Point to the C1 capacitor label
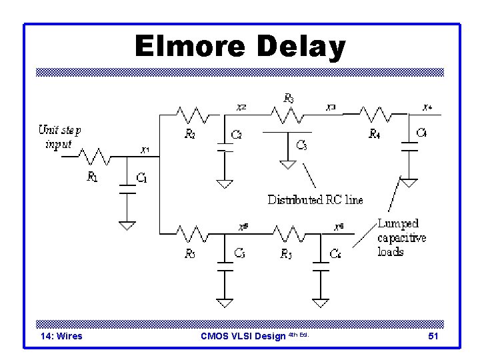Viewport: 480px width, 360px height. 143,177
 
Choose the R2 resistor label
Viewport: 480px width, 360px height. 190,134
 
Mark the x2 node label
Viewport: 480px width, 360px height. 241,107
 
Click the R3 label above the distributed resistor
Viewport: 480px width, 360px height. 289,98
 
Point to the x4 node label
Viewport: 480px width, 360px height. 427,107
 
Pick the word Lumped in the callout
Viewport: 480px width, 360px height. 399,224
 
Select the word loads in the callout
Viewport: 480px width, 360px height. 390,251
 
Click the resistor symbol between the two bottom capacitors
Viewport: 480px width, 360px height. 287,233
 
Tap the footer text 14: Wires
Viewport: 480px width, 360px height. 61,336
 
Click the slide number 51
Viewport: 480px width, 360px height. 433,336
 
